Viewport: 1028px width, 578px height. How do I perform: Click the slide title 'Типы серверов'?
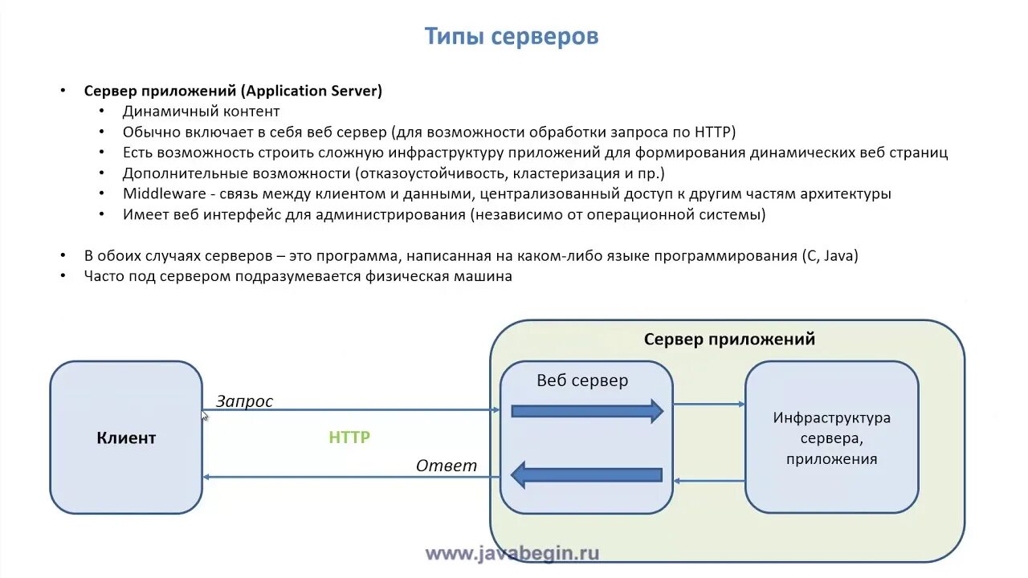pos(511,37)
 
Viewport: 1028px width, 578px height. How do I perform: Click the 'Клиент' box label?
pos(126,438)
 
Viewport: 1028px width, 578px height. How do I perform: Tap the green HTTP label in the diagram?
pos(349,438)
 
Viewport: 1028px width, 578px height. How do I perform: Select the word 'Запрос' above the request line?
pos(244,401)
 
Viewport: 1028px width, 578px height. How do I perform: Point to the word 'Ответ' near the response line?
pos(447,466)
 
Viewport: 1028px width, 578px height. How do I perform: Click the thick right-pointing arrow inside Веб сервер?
pos(587,411)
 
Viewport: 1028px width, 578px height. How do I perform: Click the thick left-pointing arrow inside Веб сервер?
pos(587,474)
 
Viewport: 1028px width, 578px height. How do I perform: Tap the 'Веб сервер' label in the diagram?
pos(582,381)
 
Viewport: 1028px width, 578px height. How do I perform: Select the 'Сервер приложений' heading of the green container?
pos(729,339)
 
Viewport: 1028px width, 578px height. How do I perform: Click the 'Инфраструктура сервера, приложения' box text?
pos(831,438)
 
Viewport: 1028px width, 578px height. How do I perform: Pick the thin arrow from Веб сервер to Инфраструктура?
pos(709,405)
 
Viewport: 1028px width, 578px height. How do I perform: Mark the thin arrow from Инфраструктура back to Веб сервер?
pos(709,481)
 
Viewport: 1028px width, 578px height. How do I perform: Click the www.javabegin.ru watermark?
pos(512,553)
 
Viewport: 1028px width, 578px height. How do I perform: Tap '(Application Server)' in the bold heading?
pos(310,91)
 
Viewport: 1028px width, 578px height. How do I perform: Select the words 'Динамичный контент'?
pos(201,112)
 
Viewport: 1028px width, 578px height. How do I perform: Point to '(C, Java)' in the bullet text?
pos(830,256)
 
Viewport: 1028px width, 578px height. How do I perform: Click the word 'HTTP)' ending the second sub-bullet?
pos(715,132)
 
